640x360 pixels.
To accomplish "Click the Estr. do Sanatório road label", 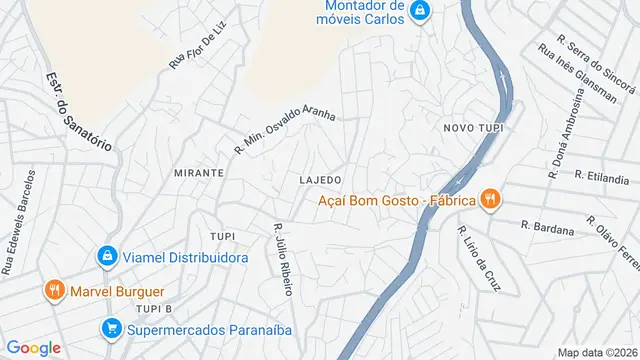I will click(x=79, y=111).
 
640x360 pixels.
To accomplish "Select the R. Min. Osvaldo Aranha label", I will click(x=284, y=131).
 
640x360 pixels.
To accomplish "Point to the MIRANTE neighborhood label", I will click(x=198, y=173).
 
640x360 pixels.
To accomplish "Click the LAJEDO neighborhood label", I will click(x=321, y=179).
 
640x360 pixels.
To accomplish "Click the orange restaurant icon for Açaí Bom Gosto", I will click(x=490, y=199).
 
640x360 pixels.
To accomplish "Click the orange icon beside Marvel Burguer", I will click(x=54, y=291).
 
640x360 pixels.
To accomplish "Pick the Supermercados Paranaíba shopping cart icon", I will click(x=111, y=327).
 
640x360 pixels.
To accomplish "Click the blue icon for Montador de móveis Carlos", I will click(x=420, y=10).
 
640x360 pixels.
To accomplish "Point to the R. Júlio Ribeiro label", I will click(x=283, y=259).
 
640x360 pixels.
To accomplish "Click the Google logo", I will click(x=34, y=347).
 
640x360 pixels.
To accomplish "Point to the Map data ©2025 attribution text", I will click(x=597, y=352).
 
